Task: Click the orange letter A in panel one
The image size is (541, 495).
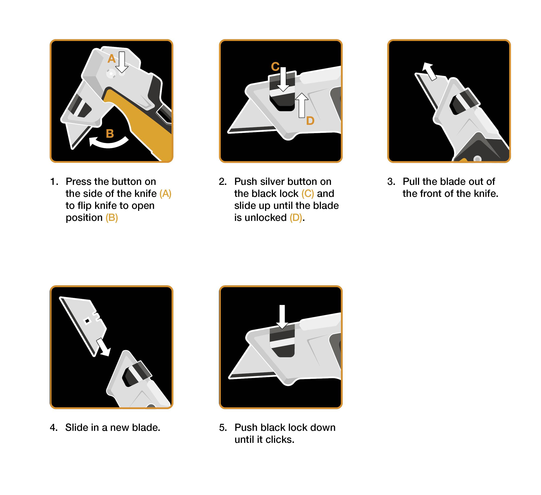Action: pyautogui.click(x=111, y=58)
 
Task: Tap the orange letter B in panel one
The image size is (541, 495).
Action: pyautogui.click(x=110, y=133)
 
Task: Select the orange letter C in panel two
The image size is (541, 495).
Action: pyautogui.click(x=275, y=67)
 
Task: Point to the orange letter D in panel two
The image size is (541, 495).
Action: pyautogui.click(x=310, y=121)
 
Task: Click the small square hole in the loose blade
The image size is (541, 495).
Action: pyautogui.click(x=87, y=321)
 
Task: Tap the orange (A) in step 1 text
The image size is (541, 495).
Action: pyautogui.click(x=165, y=194)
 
